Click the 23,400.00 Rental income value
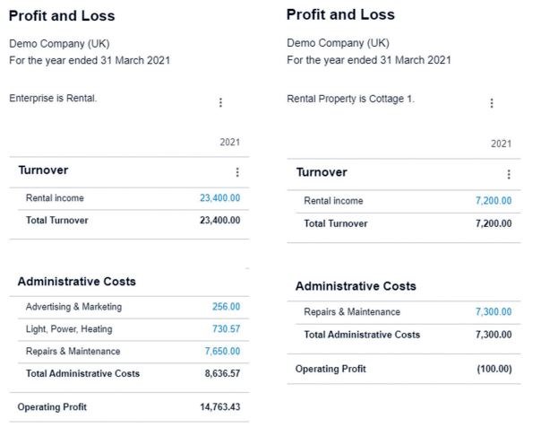[x=219, y=198]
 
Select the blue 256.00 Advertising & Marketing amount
[x=227, y=307]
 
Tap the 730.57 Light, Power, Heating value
[x=226, y=329]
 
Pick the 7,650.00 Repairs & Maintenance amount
[x=222, y=351]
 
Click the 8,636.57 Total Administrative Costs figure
[x=222, y=373]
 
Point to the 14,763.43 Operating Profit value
[x=220, y=407]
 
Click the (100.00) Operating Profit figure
[x=494, y=369]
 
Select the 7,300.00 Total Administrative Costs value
[x=494, y=335]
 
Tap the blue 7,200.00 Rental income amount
[x=494, y=201]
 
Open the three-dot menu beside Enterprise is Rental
[x=220, y=103]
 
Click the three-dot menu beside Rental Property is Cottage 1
[x=492, y=103]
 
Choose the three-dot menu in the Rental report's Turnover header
[x=237, y=172]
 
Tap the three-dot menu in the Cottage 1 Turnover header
[x=509, y=175]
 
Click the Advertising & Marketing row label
[x=73, y=307]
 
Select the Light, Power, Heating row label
[x=69, y=329]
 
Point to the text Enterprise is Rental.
[x=53, y=99]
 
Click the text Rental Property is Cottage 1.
[x=350, y=99]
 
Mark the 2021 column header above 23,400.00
[x=229, y=143]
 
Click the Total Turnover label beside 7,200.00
[x=335, y=223]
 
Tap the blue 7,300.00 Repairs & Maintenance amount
[x=494, y=312]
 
